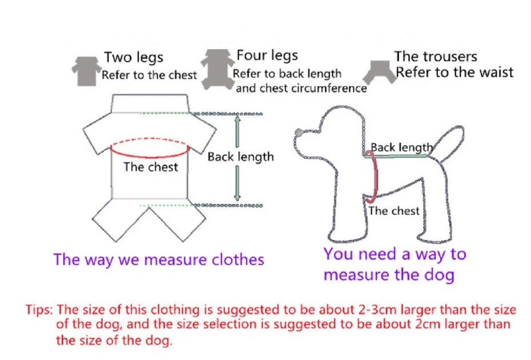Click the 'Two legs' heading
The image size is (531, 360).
click(133, 58)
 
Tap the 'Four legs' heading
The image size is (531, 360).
click(267, 56)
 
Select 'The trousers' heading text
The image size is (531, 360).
click(435, 57)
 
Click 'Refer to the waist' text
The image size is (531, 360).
click(454, 73)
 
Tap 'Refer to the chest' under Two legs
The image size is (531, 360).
click(149, 75)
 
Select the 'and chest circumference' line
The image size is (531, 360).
click(301, 88)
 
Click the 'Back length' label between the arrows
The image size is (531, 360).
click(240, 157)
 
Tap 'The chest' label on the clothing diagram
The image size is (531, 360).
click(151, 167)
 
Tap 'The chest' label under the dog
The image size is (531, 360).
click(393, 211)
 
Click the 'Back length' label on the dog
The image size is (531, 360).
click(401, 148)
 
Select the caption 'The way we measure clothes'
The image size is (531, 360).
click(159, 259)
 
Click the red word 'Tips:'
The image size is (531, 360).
click(39, 310)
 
